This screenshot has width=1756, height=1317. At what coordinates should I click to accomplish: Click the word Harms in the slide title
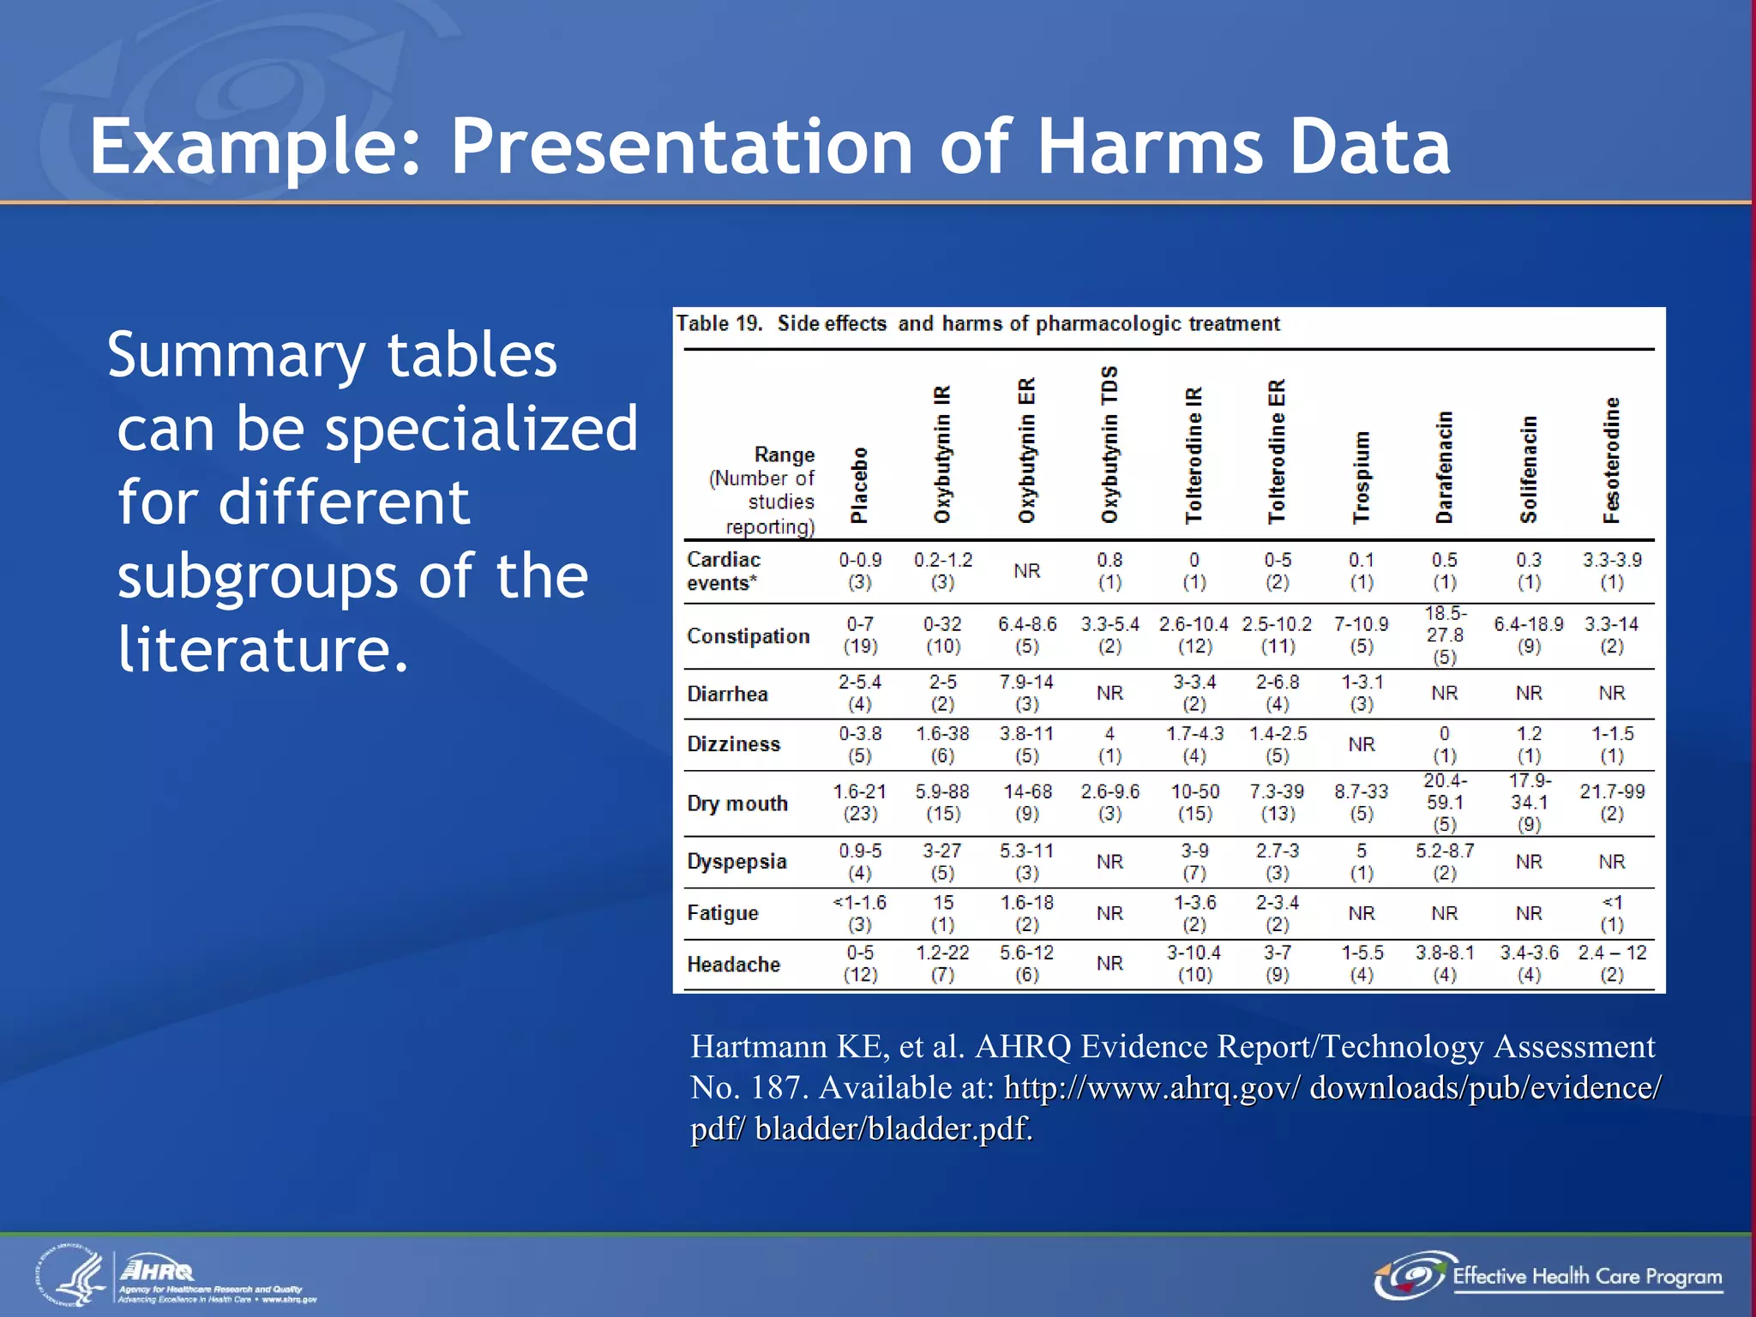(1149, 147)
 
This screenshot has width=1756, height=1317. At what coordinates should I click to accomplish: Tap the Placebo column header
(859, 484)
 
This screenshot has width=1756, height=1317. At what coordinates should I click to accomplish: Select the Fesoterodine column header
(1612, 460)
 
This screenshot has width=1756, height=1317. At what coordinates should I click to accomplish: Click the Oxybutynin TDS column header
(1110, 444)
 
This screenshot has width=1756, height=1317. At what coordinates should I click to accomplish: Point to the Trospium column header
(1361, 477)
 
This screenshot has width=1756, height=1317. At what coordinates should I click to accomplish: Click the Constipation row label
(748, 636)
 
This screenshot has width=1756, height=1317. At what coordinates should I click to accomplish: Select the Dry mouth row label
(737, 803)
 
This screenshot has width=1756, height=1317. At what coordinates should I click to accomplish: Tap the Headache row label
(733, 965)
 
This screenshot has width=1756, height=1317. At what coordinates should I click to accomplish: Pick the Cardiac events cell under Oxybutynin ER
(1026, 571)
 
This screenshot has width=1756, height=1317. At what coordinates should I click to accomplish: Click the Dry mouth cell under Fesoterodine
(1612, 803)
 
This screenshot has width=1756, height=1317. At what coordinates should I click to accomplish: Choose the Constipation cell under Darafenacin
(1445, 635)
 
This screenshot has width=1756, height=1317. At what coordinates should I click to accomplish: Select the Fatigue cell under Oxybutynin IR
(942, 913)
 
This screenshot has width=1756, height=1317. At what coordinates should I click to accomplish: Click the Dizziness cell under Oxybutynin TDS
(1110, 744)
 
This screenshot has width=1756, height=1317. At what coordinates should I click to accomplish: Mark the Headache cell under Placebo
(860, 964)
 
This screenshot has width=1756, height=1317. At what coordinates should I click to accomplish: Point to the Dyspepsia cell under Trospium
(1361, 862)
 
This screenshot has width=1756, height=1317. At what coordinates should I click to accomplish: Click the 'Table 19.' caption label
(719, 324)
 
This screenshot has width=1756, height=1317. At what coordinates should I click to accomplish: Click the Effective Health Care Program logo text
(1586, 1277)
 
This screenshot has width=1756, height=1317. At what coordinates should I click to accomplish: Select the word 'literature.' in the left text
(263, 649)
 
